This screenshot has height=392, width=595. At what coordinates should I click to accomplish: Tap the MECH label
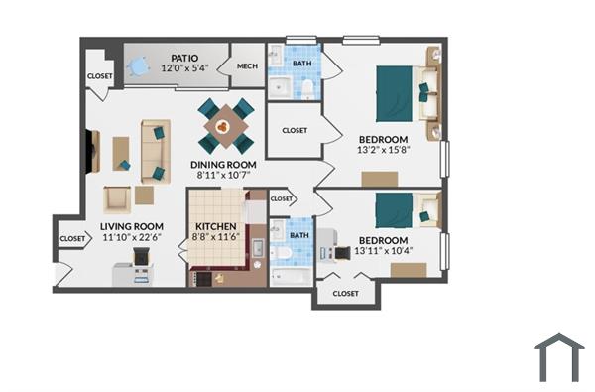[x=247, y=66]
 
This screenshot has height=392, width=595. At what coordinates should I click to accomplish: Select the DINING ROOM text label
[x=223, y=165]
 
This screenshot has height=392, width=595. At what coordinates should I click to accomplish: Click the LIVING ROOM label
[x=132, y=226]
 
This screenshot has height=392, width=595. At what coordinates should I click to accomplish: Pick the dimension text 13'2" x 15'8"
[x=382, y=151]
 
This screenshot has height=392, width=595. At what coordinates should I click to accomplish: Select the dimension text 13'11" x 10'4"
[x=382, y=251]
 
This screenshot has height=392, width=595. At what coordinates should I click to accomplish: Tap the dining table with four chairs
[x=226, y=126]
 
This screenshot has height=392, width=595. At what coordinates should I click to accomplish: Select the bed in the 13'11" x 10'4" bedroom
[x=395, y=210]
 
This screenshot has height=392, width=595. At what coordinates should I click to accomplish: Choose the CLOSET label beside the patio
[x=99, y=75]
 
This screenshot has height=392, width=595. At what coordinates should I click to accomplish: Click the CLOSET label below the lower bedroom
[x=345, y=293]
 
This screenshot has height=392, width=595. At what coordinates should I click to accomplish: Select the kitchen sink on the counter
[x=256, y=248]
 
